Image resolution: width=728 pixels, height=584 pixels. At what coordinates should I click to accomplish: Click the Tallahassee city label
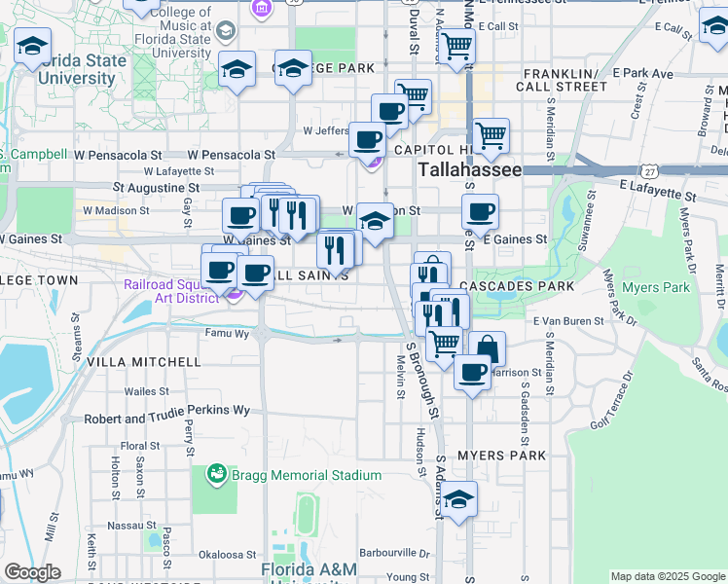click(x=470, y=169)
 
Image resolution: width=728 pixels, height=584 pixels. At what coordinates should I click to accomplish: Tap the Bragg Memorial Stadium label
click(x=306, y=475)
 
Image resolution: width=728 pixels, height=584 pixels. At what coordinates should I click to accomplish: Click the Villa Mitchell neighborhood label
click(x=144, y=361)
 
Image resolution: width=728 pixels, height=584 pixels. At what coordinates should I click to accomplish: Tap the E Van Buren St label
click(x=564, y=320)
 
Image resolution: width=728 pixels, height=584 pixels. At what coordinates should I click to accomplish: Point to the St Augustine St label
click(x=156, y=187)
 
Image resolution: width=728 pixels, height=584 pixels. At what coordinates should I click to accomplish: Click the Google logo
click(x=32, y=572)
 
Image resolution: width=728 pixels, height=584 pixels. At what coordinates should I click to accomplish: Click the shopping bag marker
click(x=487, y=347)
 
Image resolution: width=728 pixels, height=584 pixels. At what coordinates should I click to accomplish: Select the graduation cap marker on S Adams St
click(x=458, y=498)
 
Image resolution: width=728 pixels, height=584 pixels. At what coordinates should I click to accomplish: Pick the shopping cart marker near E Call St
click(x=455, y=45)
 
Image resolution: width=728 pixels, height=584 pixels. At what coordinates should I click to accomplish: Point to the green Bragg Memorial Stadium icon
click(x=216, y=475)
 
